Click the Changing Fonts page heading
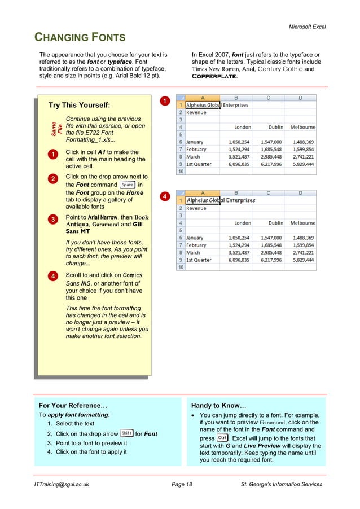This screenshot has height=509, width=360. click(x=80, y=38)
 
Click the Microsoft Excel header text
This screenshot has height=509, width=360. click(x=307, y=27)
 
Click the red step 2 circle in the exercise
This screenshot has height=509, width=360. click(x=52, y=179)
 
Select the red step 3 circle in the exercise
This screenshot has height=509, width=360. click(x=52, y=219)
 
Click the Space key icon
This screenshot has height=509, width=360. click(x=128, y=185)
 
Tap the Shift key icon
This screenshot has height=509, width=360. click(x=126, y=433)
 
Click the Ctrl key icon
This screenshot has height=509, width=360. click(x=222, y=438)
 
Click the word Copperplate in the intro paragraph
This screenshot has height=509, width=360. click(x=214, y=76)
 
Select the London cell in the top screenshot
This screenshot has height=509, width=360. click(x=243, y=128)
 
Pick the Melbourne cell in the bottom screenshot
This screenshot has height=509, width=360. click(x=303, y=223)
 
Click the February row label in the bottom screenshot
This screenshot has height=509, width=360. click(x=196, y=245)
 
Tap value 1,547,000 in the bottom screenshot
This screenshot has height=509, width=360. click(x=271, y=238)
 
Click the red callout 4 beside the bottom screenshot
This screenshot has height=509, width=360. click(x=163, y=196)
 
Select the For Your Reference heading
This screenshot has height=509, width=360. click(x=73, y=405)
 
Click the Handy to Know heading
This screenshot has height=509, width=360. click(x=219, y=405)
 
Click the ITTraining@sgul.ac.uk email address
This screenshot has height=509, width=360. click(x=62, y=484)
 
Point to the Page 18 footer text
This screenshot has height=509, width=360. click(x=181, y=484)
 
